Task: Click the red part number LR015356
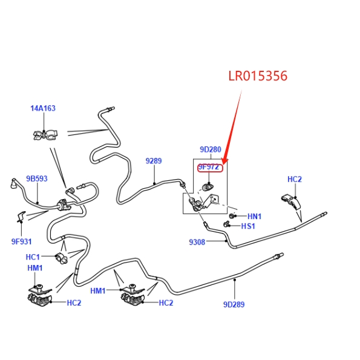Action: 258,76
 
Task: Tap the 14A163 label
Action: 43,108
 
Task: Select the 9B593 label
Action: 37,178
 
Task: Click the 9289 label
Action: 154,161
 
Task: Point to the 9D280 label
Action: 211,149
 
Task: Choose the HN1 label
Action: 254,216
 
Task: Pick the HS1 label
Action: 248,226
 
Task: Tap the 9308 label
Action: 197,242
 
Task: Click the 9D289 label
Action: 234,304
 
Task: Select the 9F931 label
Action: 22,241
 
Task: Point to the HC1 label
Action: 33,257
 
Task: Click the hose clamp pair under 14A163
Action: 45,135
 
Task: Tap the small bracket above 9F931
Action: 21,217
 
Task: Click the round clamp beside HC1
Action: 62,258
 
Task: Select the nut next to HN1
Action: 232,216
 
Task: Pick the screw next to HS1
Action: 226,224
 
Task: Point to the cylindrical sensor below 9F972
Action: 208,187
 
